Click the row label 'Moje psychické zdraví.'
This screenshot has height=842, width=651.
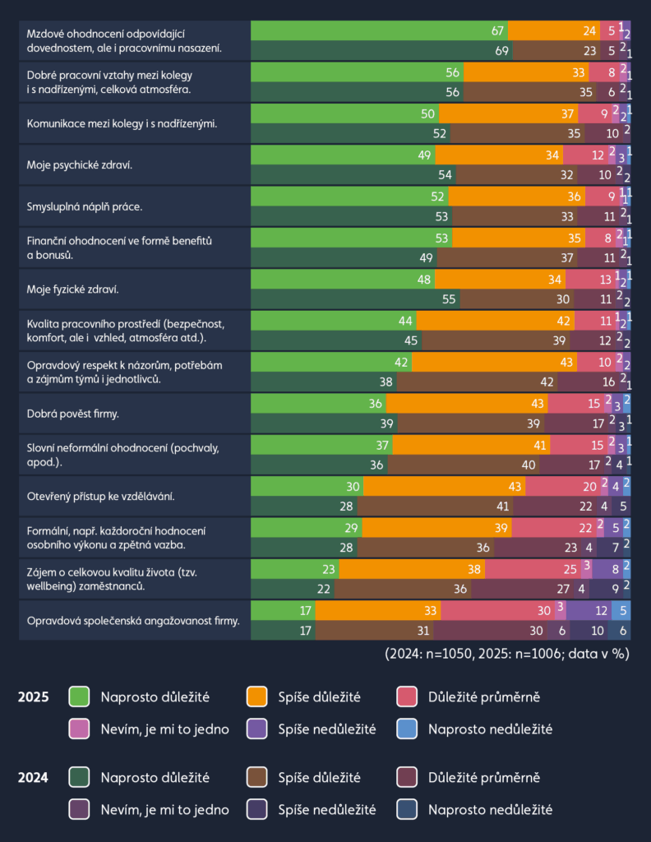[x=80, y=164]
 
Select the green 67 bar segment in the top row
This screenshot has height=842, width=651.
[x=378, y=30]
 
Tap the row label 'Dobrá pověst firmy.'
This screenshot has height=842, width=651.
[x=73, y=414]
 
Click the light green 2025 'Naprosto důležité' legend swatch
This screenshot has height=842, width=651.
[x=79, y=697]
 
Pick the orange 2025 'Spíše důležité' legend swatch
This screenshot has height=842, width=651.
[x=257, y=697]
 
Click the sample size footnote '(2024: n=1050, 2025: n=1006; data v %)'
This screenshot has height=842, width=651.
[x=507, y=655]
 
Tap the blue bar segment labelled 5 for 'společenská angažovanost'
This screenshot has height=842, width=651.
[x=622, y=610]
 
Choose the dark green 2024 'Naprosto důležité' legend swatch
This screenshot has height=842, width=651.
[x=79, y=778]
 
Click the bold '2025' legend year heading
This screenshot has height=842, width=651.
[x=33, y=697]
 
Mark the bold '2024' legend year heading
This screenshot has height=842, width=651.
[x=33, y=778]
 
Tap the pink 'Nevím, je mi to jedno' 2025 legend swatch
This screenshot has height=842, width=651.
[x=79, y=728]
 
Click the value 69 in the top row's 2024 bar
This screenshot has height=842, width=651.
[x=501, y=51]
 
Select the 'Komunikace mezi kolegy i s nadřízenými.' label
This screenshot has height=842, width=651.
[x=121, y=123]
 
